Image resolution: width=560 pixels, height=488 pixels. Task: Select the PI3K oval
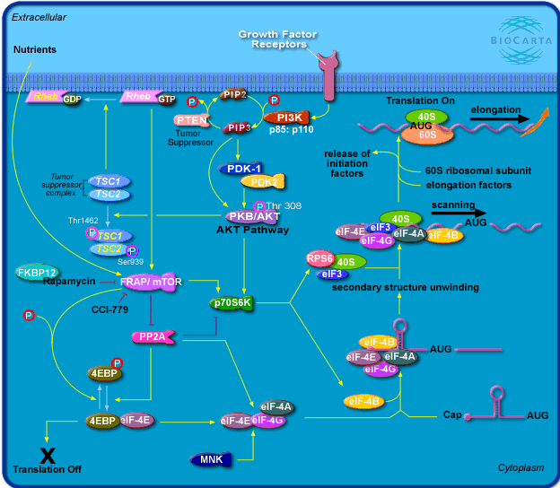[288, 118]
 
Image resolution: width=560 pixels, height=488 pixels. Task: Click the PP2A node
[151, 336]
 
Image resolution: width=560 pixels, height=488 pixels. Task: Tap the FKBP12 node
[37, 272]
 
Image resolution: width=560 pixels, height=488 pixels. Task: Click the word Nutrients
[35, 49]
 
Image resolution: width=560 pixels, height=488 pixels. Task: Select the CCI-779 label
[109, 309]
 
